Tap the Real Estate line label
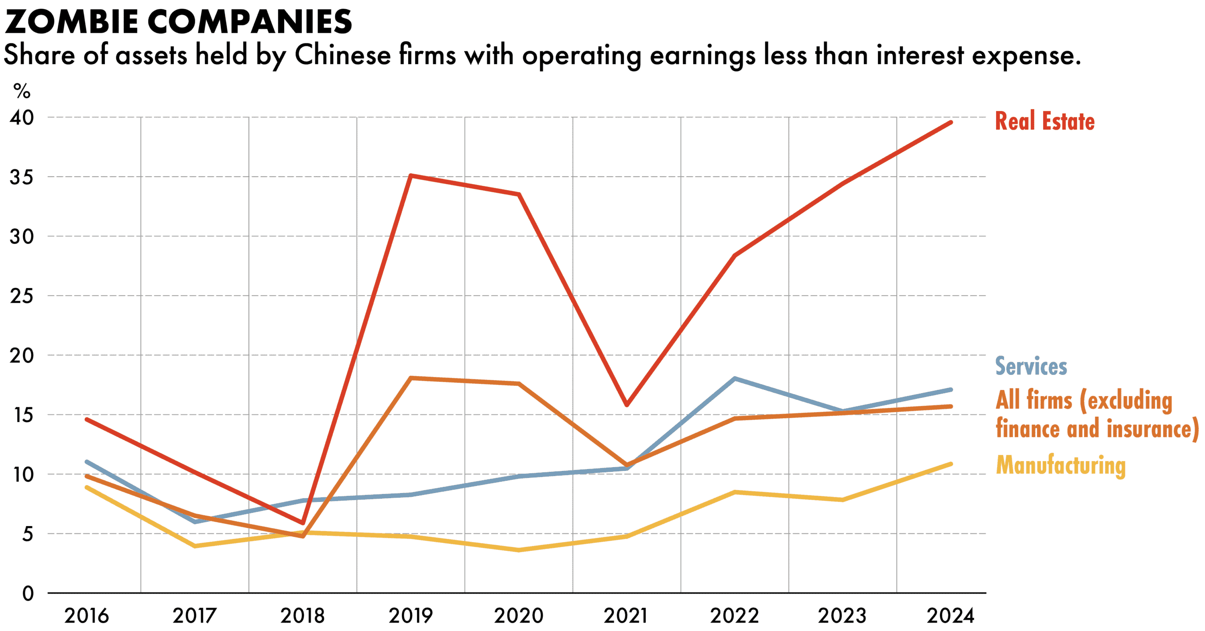pyautogui.click(x=1044, y=121)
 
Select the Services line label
pyautogui.click(x=1031, y=366)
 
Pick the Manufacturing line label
pyautogui.click(x=1060, y=465)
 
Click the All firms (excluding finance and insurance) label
pyautogui.click(x=1097, y=414)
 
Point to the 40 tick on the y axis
pyautogui.click(x=22, y=117)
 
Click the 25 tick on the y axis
pyautogui.click(x=22, y=296)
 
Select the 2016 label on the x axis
pyautogui.click(x=87, y=616)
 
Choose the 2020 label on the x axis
pyautogui.click(x=518, y=616)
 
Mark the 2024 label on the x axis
pyautogui.click(x=950, y=616)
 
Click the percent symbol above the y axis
pyautogui.click(x=22, y=91)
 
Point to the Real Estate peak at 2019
pyautogui.click(x=411, y=176)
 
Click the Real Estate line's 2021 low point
pyautogui.click(x=627, y=405)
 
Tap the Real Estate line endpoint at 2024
pyautogui.click(x=950, y=123)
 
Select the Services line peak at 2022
pyautogui.click(x=734, y=379)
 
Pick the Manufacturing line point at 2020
pyautogui.click(x=519, y=550)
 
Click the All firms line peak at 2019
pyautogui.click(x=411, y=378)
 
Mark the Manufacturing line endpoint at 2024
pyautogui.click(x=950, y=464)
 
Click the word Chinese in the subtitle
pyautogui.click(x=343, y=56)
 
